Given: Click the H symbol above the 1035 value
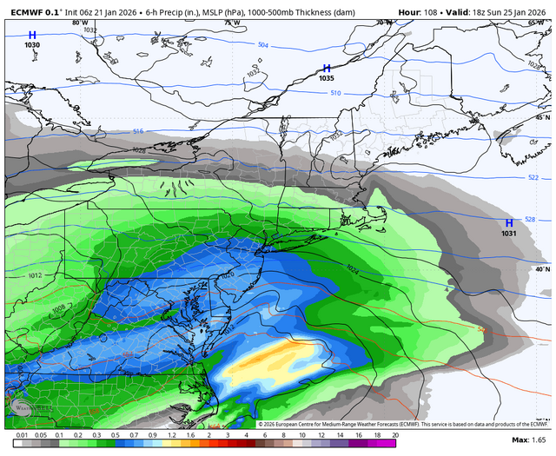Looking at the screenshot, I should (x=327, y=68).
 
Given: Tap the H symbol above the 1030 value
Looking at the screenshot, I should (x=32, y=35).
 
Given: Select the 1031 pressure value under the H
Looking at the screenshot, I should (x=509, y=233).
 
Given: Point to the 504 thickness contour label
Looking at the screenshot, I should (x=263, y=44).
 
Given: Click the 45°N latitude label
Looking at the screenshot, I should (x=542, y=116).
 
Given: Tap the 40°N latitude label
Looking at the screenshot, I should (x=542, y=269).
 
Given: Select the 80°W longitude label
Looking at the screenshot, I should (x=80, y=22).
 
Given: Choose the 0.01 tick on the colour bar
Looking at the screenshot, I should (x=20, y=434).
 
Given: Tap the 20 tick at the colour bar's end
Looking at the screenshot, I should (x=395, y=434).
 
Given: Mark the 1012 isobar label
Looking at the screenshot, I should (x=34, y=275).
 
